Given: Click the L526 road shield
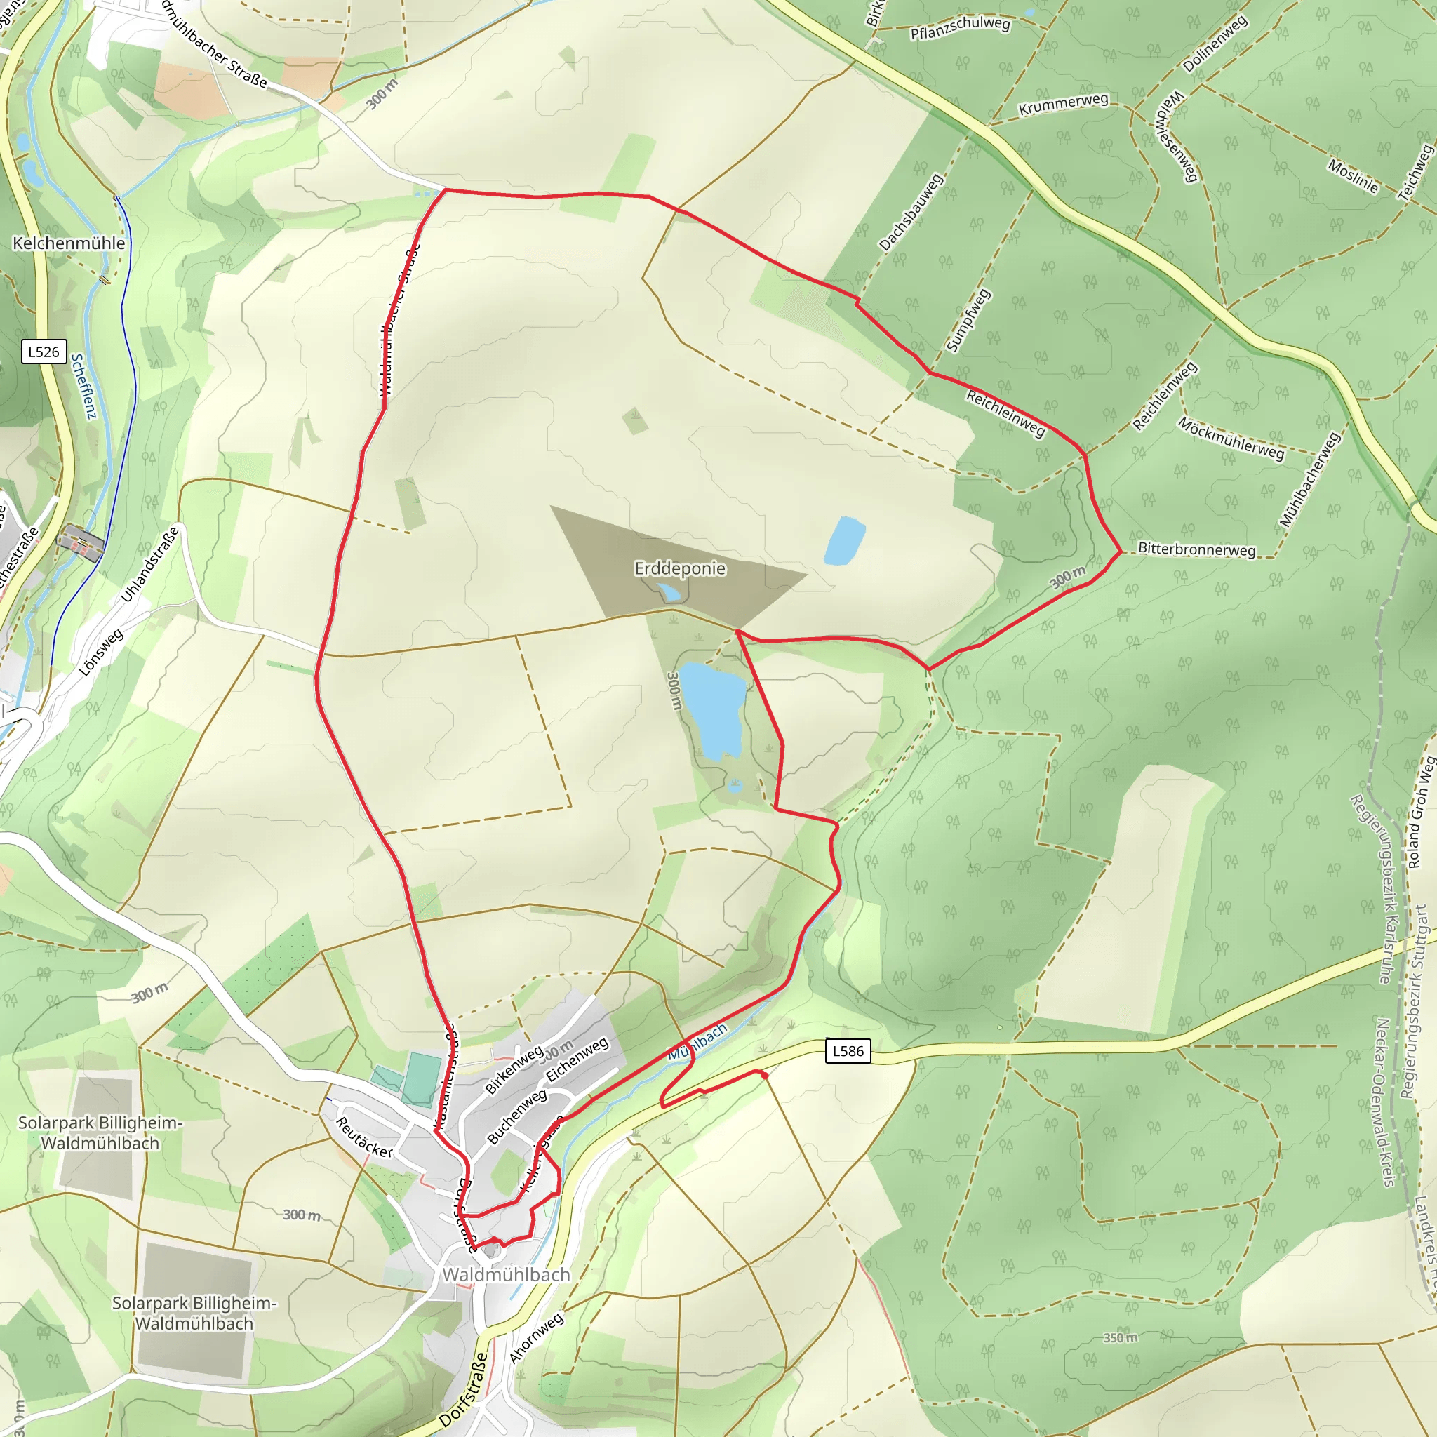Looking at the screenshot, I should [x=44, y=352].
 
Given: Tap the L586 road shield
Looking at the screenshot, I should [x=848, y=1051].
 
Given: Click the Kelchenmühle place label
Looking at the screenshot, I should [x=69, y=243].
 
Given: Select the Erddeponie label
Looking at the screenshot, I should [x=680, y=568].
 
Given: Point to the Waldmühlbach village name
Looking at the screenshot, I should [x=506, y=1274].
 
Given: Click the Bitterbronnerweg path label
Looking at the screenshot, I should [x=1197, y=549].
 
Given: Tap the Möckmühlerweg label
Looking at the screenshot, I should [x=1231, y=439].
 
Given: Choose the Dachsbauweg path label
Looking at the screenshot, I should [x=911, y=212].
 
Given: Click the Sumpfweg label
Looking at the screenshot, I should [x=968, y=320].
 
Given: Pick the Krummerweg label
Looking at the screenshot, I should [x=1063, y=104].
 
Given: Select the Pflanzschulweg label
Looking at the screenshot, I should [x=961, y=27].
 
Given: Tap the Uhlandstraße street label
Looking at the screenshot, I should [x=150, y=565].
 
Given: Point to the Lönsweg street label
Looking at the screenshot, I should [x=101, y=653].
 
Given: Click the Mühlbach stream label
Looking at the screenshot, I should [x=697, y=1043].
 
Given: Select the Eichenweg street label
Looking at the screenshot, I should [x=577, y=1060].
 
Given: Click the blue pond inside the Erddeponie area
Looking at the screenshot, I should [x=669, y=592].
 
